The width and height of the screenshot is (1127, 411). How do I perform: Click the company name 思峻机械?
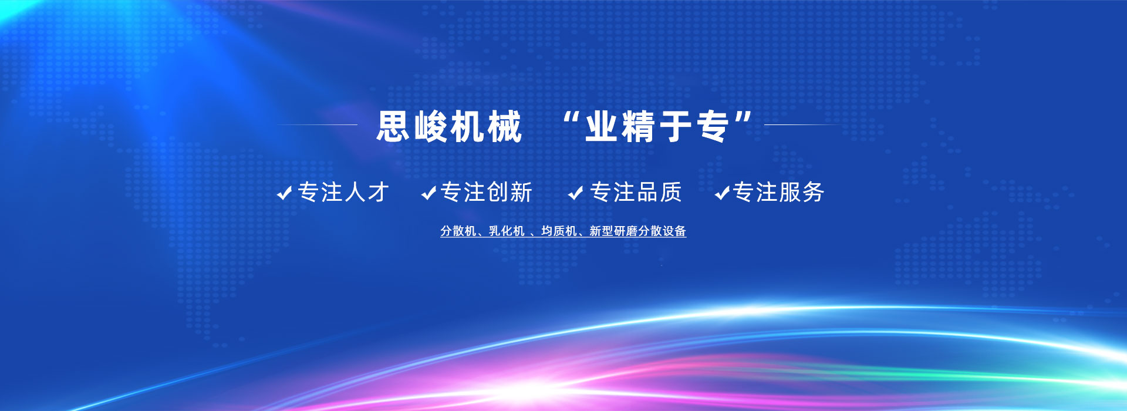pyautogui.click(x=449, y=126)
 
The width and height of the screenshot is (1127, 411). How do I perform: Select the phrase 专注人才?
pyautogui.click(x=344, y=192)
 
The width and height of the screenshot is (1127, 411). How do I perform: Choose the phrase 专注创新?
pyautogui.click(x=486, y=192)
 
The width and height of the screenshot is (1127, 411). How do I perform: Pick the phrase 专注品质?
pyautogui.click(x=636, y=192)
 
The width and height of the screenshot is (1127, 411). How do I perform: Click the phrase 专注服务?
pyautogui.click(x=779, y=192)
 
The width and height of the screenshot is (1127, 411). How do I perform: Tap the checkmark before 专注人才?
pyautogui.click(x=285, y=193)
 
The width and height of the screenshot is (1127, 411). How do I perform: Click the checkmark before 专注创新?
pyautogui.click(x=429, y=193)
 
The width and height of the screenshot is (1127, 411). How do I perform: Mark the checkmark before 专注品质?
pyautogui.click(x=576, y=193)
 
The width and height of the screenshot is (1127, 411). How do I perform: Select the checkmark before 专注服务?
pyautogui.click(x=723, y=193)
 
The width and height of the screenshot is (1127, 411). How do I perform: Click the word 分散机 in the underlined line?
pyautogui.click(x=458, y=231)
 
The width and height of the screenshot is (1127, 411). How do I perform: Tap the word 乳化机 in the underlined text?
pyautogui.click(x=507, y=231)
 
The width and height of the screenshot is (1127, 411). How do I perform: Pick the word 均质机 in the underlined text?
pyautogui.click(x=559, y=231)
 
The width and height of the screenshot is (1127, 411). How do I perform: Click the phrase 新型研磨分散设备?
pyautogui.click(x=638, y=231)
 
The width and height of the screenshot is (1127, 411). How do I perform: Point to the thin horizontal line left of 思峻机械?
pyautogui.click(x=317, y=124)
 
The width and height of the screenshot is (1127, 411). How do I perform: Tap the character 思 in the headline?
pyautogui.click(x=393, y=126)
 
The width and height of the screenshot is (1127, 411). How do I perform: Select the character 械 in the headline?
pyautogui.click(x=505, y=126)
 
